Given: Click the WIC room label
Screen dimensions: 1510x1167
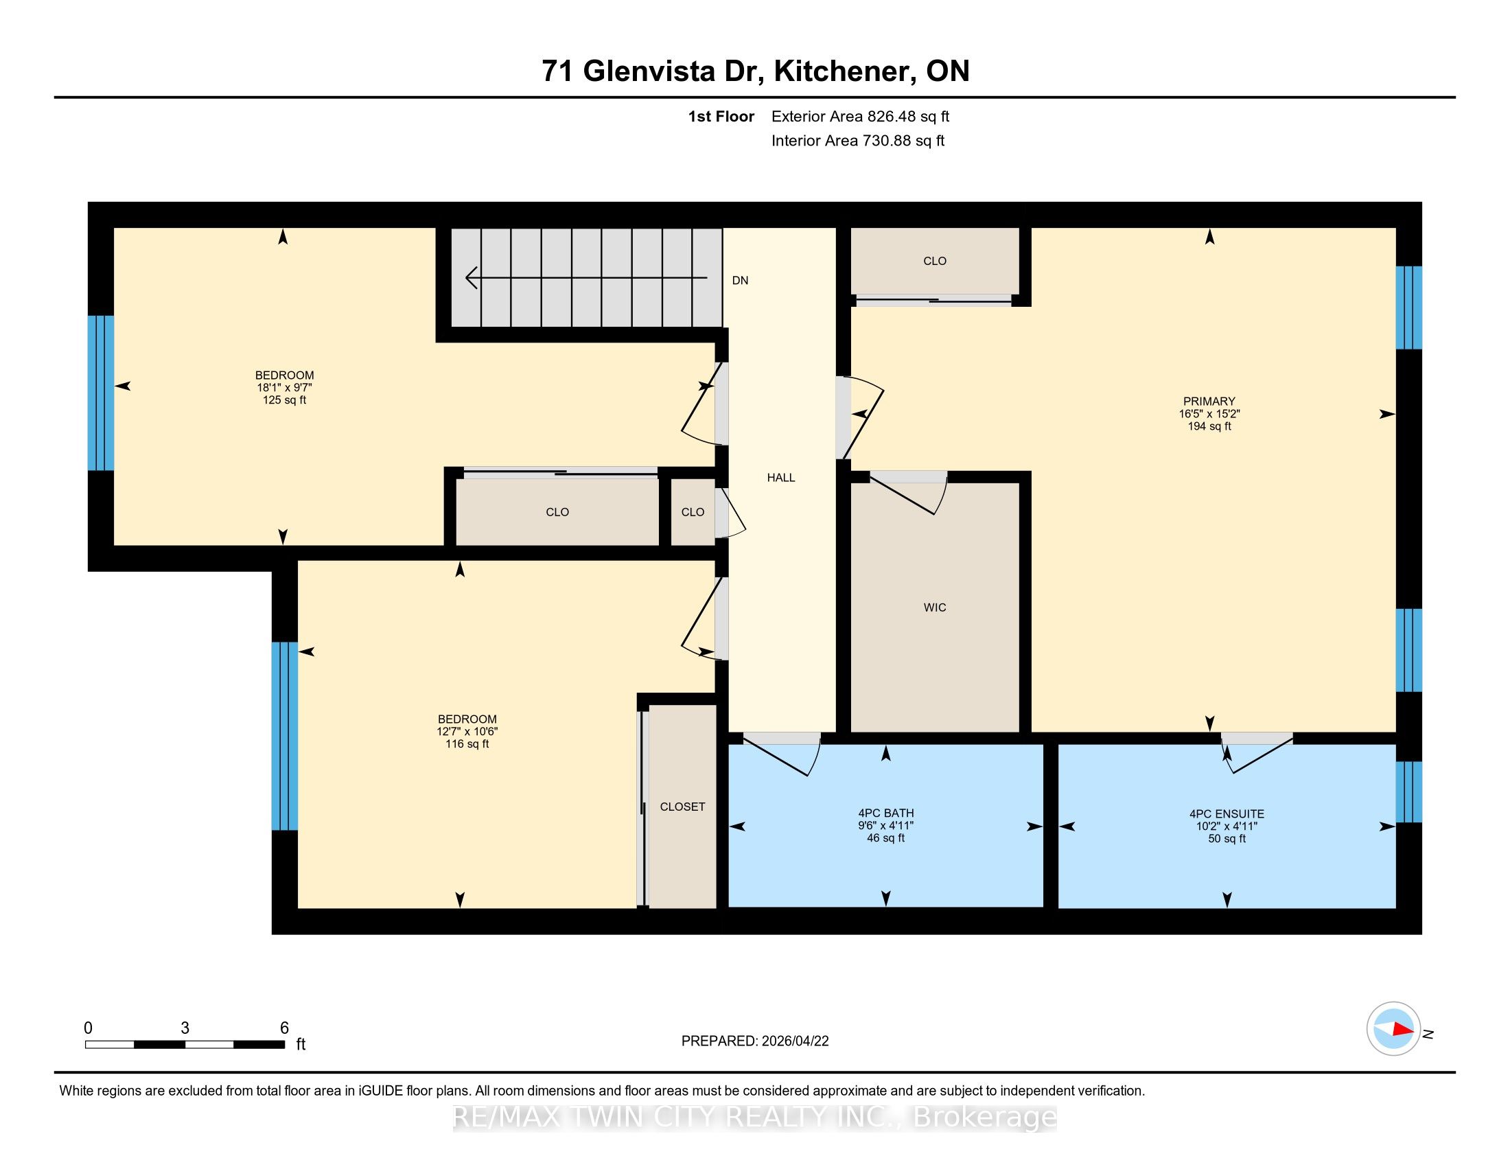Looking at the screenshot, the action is click(934, 607).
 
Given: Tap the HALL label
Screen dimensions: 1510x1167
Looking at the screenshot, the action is click(780, 477).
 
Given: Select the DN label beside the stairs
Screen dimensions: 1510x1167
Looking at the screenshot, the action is click(740, 280).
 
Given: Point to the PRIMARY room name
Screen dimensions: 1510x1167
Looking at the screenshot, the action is click(1209, 401).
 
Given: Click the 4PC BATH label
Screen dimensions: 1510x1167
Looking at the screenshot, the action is click(885, 813).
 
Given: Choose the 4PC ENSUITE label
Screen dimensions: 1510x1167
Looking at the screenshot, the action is click(1227, 813).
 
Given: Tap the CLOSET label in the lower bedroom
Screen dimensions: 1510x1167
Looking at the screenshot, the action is click(682, 807).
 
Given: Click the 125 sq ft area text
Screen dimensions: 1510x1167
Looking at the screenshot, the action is click(284, 400).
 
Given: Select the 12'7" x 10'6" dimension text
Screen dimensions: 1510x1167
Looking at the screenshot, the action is click(467, 732).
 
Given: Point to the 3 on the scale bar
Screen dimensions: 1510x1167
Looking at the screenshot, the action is click(185, 1028).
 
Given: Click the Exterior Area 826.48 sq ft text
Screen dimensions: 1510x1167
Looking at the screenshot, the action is click(860, 116).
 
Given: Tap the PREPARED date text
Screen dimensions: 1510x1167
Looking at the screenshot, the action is click(755, 1041).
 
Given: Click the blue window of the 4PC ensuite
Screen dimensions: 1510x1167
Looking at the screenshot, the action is click(1408, 792).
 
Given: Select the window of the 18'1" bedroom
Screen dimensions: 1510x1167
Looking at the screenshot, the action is click(101, 393).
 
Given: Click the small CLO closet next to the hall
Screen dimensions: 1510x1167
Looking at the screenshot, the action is click(693, 511).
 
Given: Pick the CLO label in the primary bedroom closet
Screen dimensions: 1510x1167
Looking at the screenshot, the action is click(934, 261).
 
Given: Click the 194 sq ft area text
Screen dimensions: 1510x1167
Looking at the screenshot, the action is click(1209, 426).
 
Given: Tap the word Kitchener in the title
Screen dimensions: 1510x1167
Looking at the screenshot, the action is click(841, 71).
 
